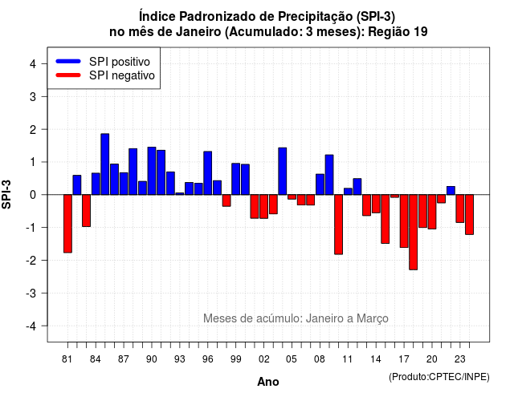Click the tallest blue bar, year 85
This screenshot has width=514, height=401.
(x=105, y=164)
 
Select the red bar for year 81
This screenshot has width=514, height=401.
(x=67, y=224)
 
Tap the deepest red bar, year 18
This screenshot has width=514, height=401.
(x=414, y=232)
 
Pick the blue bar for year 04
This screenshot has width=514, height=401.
(x=283, y=171)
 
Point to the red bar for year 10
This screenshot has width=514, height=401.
(x=339, y=225)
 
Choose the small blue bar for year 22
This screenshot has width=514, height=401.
(x=451, y=191)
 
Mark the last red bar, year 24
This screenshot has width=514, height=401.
(x=469, y=214)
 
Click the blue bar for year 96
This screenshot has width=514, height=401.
(x=208, y=173)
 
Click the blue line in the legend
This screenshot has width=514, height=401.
(x=68, y=61)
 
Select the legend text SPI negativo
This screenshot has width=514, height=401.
(x=122, y=75)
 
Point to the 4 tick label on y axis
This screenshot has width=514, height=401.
(x=33, y=64)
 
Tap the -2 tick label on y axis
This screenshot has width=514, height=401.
(x=32, y=260)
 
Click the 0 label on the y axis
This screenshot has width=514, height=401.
(x=33, y=195)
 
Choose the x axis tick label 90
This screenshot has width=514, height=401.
(x=152, y=359)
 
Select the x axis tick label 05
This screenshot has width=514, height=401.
(x=292, y=359)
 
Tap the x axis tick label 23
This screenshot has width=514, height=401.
(x=460, y=359)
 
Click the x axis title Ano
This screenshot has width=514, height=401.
(x=268, y=382)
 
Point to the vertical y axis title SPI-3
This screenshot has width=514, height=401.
(x=6, y=194)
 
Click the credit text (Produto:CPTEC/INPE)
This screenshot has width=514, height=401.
(x=439, y=377)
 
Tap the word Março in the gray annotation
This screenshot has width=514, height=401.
(x=373, y=318)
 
